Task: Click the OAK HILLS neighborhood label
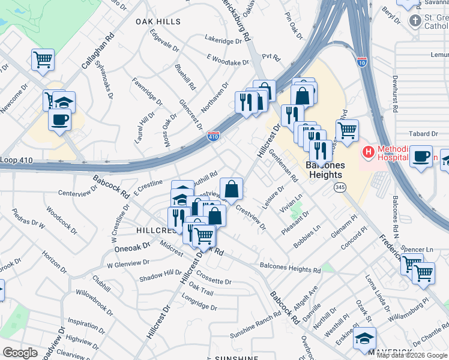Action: [x=158, y=22]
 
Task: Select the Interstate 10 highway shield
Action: [x=361, y=62]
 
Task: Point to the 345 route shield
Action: [x=340, y=188]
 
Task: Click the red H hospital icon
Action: [x=367, y=152]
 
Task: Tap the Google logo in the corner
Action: [x=20, y=353]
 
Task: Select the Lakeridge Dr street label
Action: [x=223, y=41]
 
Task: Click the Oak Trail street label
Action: [x=200, y=291]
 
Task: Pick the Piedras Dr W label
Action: [x=29, y=220]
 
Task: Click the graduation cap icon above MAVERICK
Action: [x=364, y=338]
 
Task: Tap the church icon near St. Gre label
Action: [x=415, y=22]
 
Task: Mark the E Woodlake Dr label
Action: [x=228, y=61]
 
